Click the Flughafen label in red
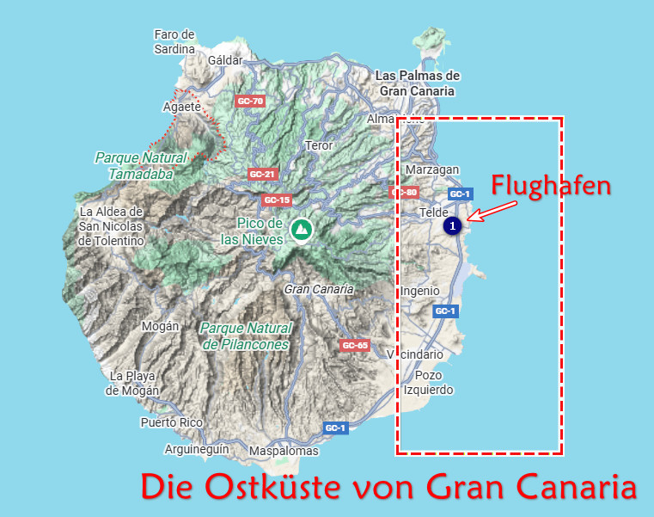(x=551, y=185)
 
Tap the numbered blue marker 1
(x=452, y=225)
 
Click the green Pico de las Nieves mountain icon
(x=301, y=229)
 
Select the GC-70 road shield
(x=250, y=102)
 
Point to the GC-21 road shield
(x=261, y=174)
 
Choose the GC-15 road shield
(x=277, y=200)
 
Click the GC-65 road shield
(x=355, y=346)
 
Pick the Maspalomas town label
(x=284, y=451)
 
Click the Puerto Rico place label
(x=171, y=422)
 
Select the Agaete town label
(x=180, y=108)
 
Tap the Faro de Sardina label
(x=174, y=41)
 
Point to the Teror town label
(x=319, y=145)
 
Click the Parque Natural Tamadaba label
(x=141, y=165)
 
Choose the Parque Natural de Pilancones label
(x=247, y=335)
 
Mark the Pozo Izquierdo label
(x=428, y=383)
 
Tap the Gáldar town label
(x=226, y=60)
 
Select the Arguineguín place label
(x=197, y=449)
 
